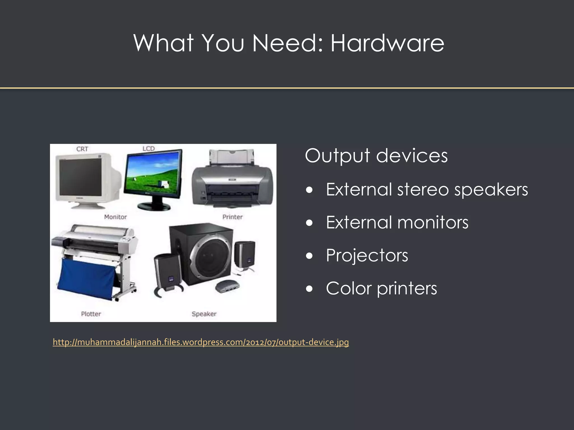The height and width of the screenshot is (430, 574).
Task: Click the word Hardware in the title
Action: point(387,43)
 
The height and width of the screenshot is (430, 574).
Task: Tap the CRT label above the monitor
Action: point(82,149)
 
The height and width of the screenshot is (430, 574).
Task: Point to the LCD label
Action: point(149,148)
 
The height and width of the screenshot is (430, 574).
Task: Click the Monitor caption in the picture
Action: point(115,217)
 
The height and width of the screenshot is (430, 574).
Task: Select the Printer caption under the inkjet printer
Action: point(232,217)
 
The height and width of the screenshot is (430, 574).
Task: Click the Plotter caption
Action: point(91,314)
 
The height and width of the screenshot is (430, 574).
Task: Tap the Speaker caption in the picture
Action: point(204,314)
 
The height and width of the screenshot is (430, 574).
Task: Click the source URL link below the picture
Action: point(201,342)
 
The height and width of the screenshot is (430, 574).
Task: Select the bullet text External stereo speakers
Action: point(427,190)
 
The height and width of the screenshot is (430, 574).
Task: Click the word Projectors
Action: point(367,255)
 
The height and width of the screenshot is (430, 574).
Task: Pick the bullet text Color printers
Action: point(381,288)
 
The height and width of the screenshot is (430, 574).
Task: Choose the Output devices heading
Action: point(376,156)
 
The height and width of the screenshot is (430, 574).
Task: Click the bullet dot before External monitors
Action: point(309,223)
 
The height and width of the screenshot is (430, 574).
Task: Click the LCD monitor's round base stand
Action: point(154,207)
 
